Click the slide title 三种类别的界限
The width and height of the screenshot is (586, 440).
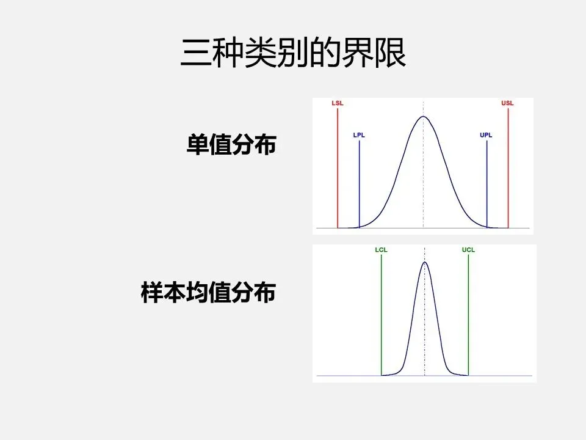pyautogui.click(x=293, y=54)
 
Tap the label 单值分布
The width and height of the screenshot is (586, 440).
pyautogui.click(x=231, y=145)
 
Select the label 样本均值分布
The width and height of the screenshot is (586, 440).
pyautogui.click(x=208, y=293)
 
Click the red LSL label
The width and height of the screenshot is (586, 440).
pyautogui.click(x=338, y=103)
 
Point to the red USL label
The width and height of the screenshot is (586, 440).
pyautogui.click(x=507, y=103)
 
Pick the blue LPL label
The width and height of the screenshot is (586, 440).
pyautogui.click(x=359, y=135)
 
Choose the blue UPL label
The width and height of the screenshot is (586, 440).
pyautogui.click(x=486, y=135)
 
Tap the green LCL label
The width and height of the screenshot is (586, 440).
pyautogui.click(x=381, y=250)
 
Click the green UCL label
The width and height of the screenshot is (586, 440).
pyautogui.click(x=468, y=250)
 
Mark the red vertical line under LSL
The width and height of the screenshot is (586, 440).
pyautogui.click(x=338, y=171)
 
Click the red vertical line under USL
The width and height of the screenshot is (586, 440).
pyautogui.click(x=508, y=171)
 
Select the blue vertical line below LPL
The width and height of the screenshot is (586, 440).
pyautogui.click(x=360, y=183)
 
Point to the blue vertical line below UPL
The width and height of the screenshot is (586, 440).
pyautogui.click(x=487, y=183)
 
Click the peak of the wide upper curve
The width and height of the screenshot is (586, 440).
pyautogui.click(x=423, y=117)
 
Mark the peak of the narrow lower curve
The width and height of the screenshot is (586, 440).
pyautogui.click(x=425, y=263)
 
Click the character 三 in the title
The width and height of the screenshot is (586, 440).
pyautogui.click(x=194, y=54)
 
